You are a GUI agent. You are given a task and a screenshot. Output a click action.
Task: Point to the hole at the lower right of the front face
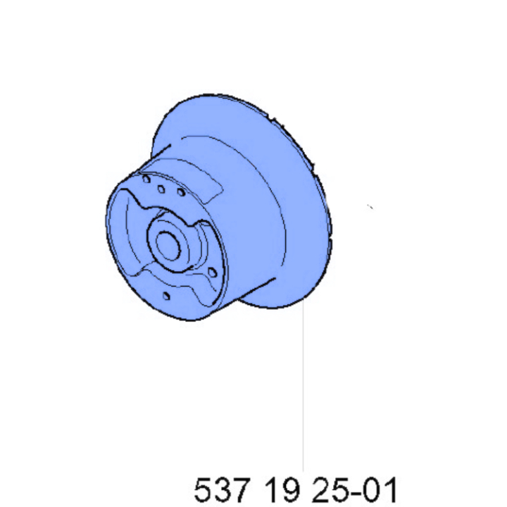[x=213, y=271]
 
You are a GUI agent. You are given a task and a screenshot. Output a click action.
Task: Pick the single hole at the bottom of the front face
[x=164, y=296]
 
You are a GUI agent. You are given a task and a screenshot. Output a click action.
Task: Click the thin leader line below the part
[x=303, y=394]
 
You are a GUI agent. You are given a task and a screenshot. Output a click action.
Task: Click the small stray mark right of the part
[x=370, y=207]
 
